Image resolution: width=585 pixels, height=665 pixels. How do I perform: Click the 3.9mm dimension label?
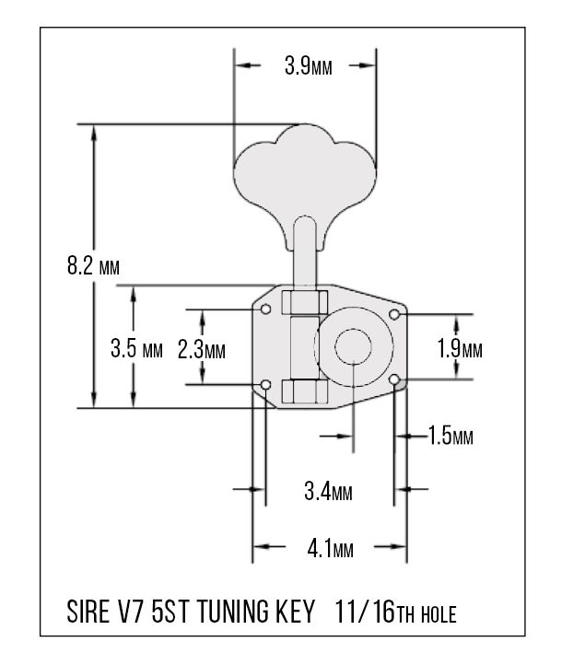tap(309, 65)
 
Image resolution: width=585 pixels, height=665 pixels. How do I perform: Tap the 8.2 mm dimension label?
tap(93, 265)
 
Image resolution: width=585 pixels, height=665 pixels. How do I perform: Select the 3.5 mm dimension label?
tap(136, 348)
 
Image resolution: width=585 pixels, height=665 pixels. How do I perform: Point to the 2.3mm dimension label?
tap(202, 350)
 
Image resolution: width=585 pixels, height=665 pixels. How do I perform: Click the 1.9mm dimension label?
tap(460, 348)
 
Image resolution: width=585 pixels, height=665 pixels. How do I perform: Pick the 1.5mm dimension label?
tap(450, 436)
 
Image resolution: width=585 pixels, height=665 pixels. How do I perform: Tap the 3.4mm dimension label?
tap(328, 492)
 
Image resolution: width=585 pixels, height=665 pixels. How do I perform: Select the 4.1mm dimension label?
tap(331, 549)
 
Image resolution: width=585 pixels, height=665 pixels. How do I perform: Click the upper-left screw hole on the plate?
tap(266, 309)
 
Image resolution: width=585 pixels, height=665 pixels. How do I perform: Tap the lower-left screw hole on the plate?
tap(266, 385)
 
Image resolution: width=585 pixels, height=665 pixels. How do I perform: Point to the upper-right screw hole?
tap(394, 314)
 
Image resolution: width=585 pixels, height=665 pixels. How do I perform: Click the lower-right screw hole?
tap(394, 379)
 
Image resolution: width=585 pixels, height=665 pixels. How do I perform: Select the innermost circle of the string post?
tap(354, 346)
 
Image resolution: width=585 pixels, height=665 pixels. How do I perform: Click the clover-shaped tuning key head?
tap(305, 178)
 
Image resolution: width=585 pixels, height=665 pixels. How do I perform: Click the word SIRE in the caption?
tap(88, 612)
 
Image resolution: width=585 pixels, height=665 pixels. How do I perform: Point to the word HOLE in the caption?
tap(439, 614)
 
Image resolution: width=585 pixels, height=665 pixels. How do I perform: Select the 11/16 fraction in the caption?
tap(365, 612)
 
